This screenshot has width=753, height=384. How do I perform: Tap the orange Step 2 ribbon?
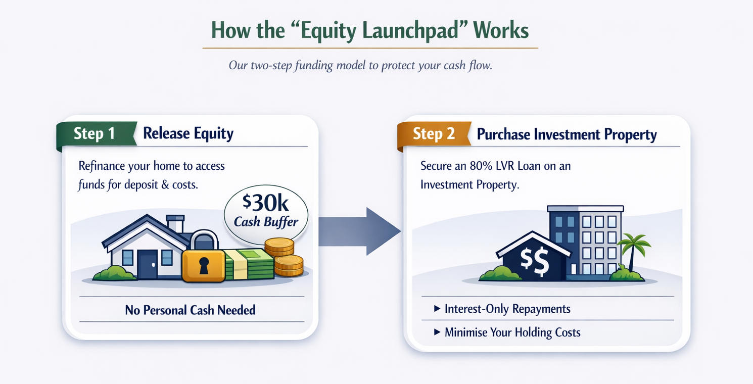tap(434, 134)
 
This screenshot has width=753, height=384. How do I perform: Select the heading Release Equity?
tap(188, 134)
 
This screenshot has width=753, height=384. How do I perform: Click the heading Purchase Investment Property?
tap(567, 134)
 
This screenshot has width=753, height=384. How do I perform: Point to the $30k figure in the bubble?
tap(265, 203)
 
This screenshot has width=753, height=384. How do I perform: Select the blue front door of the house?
tap(147, 264)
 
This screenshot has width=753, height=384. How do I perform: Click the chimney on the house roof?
tap(175, 223)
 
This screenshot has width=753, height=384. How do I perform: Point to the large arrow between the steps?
tap(359, 231)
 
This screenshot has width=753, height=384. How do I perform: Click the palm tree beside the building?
tap(633, 252)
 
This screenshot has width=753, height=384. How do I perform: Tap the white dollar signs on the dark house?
tap(535, 262)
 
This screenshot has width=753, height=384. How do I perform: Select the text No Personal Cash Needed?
tap(190, 310)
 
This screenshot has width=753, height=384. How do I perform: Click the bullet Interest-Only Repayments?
tap(502, 309)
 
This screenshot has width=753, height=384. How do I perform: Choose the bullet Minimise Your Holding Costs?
tap(507, 332)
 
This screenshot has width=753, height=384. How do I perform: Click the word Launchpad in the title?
tap(410, 30)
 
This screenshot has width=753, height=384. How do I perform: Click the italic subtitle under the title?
tap(360, 65)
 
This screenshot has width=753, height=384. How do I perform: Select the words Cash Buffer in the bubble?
tap(266, 222)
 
